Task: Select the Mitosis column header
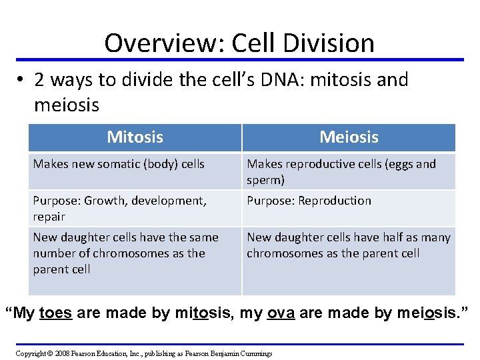(x=135, y=137)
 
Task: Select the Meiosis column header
(x=349, y=137)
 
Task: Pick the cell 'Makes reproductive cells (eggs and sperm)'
(x=341, y=172)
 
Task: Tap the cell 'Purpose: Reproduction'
(x=309, y=201)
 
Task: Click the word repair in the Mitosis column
(x=49, y=217)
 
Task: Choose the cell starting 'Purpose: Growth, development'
(x=120, y=208)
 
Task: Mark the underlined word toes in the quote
(x=55, y=313)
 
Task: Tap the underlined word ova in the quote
(x=281, y=313)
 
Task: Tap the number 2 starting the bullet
(x=40, y=80)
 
